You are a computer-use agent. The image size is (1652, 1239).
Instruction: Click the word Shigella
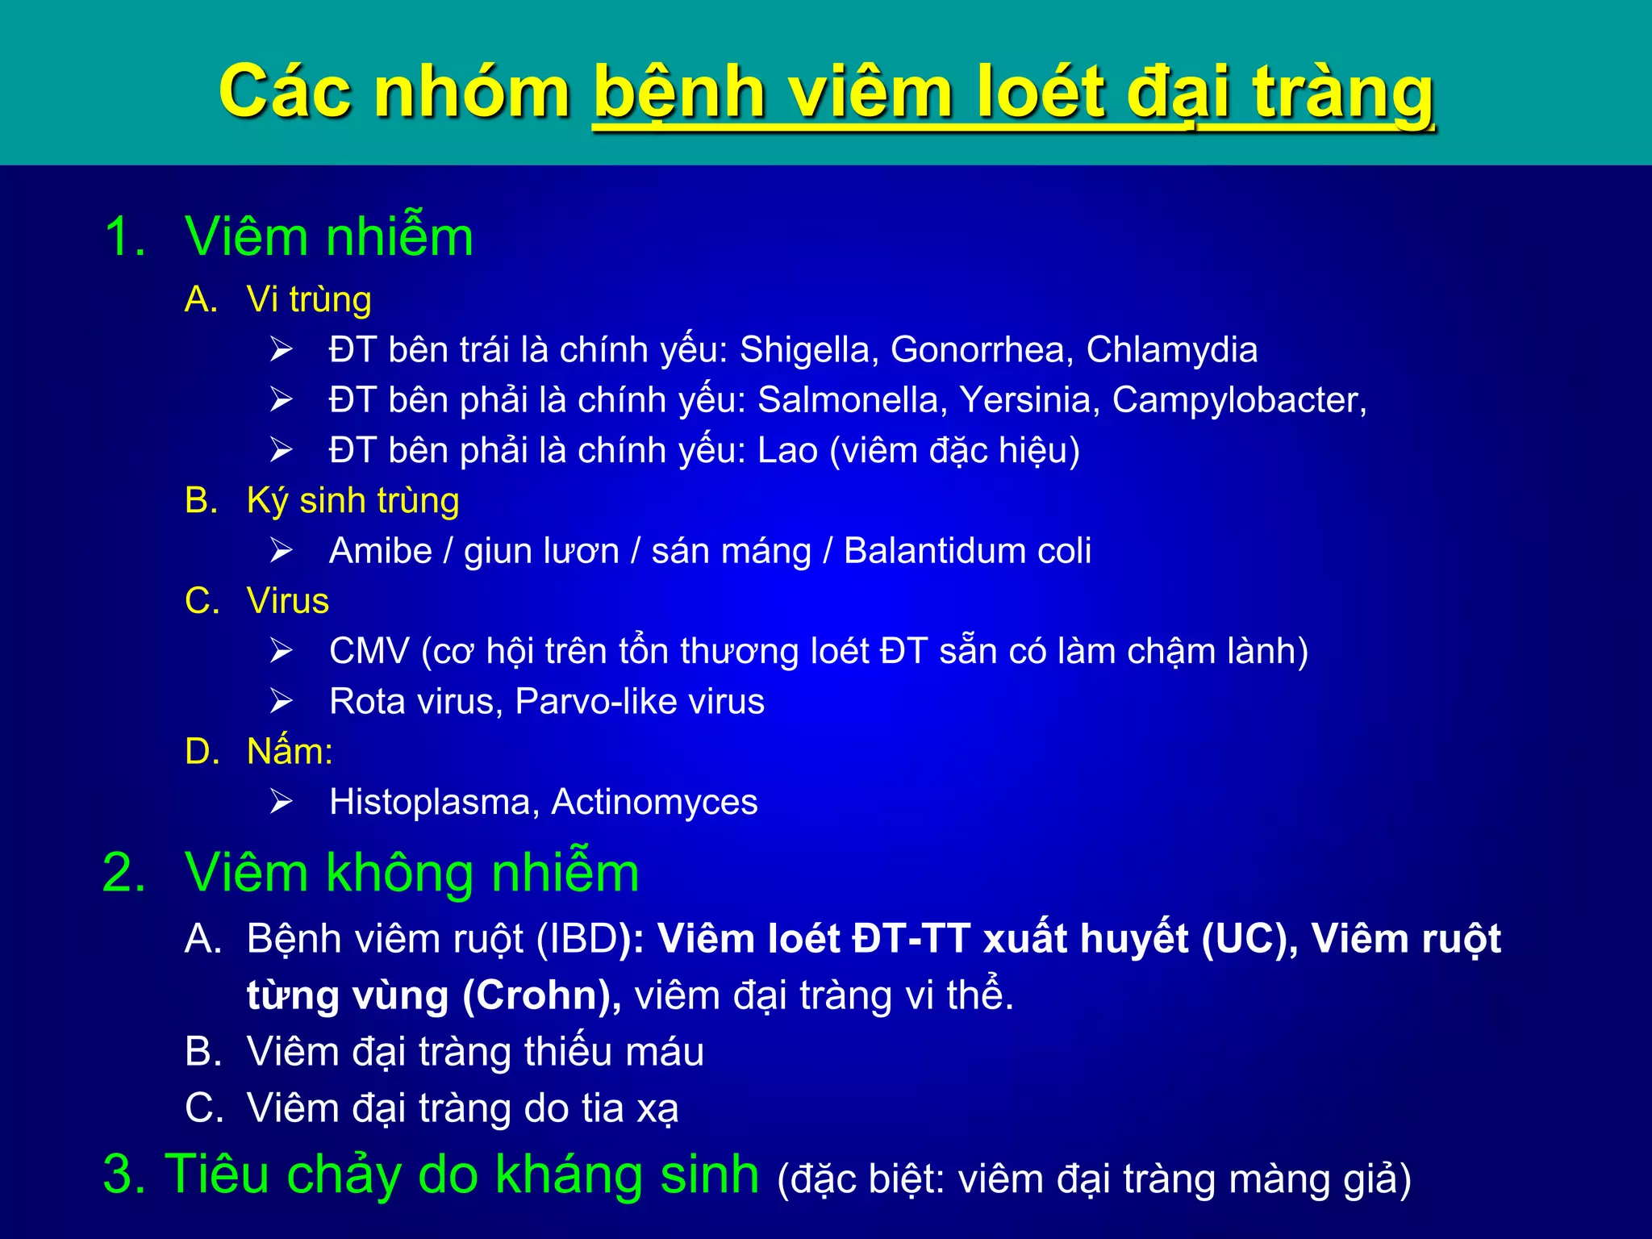[x=804, y=350]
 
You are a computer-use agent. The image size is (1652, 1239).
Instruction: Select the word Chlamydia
[x=1171, y=350]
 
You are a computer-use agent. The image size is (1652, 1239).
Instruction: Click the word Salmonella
[x=852, y=400]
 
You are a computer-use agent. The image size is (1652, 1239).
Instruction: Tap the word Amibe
[x=381, y=551]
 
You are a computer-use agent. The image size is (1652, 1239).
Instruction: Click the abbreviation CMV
[x=369, y=651]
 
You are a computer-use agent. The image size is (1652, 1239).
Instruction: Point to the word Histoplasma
[x=434, y=802]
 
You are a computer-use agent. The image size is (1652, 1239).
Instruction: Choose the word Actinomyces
[x=654, y=802]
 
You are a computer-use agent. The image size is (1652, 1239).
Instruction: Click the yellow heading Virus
[x=288, y=601]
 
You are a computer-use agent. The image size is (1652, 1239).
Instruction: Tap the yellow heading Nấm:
[x=290, y=751]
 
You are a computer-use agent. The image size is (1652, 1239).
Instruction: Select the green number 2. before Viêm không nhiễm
[x=124, y=873]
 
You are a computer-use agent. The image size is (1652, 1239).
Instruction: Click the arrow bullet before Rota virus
[x=281, y=701]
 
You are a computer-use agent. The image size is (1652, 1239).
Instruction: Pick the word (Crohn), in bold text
[x=541, y=995]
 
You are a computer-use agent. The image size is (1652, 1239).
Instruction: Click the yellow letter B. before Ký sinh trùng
[x=202, y=501]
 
